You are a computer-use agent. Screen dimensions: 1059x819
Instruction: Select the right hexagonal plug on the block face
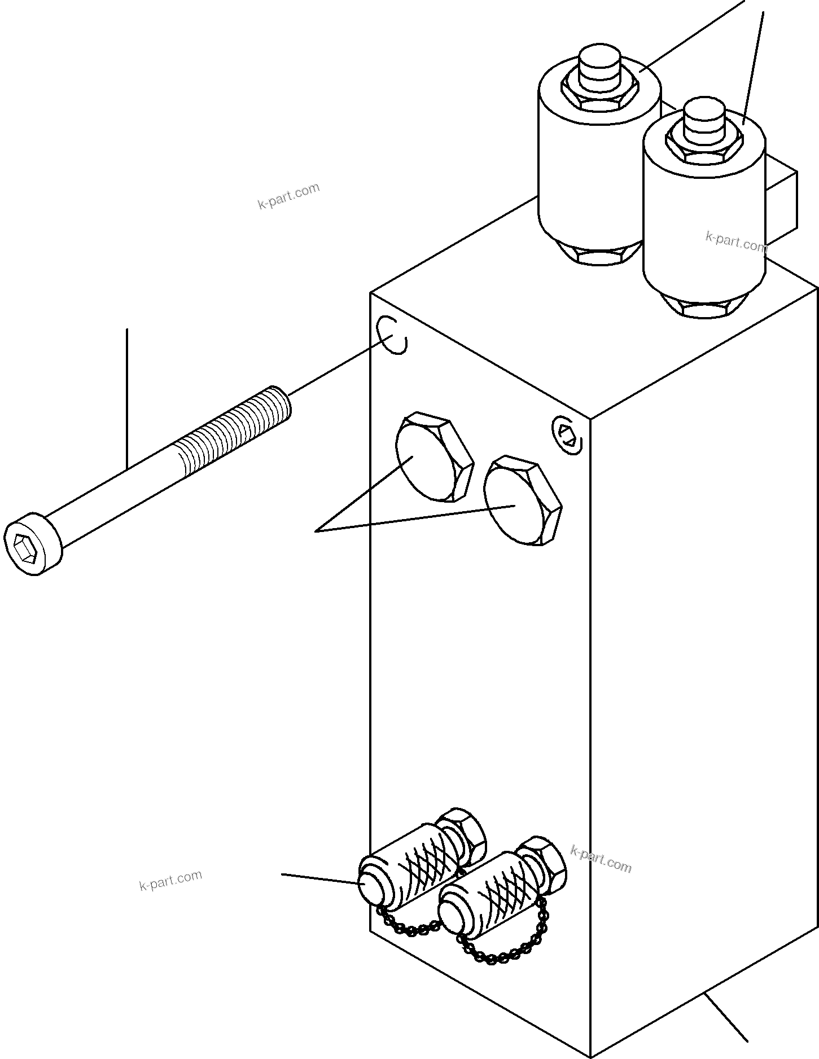click(524, 502)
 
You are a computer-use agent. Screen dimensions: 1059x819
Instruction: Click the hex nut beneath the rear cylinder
click(599, 256)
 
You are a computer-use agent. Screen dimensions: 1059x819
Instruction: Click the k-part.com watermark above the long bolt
click(288, 196)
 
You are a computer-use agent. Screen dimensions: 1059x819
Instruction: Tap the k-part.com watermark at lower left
click(170, 880)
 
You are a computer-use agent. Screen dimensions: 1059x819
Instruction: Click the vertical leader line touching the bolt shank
click(127, 395)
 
